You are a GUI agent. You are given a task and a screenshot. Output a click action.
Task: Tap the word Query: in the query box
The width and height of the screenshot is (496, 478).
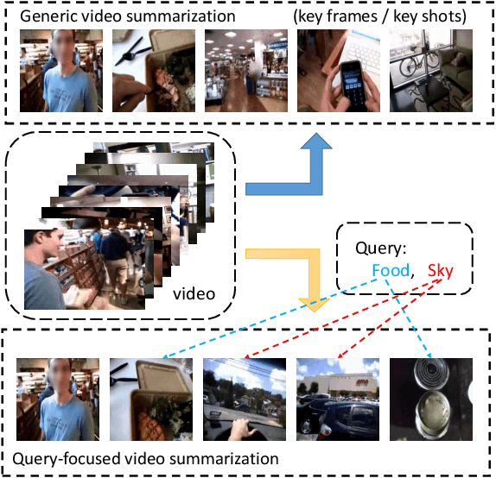tap(379, 248)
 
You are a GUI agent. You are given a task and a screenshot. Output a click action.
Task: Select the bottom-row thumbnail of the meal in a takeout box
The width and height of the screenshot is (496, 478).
tap(148, 398)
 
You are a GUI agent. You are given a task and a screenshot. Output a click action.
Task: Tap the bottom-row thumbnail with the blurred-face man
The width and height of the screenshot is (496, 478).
tap(55, 398)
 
